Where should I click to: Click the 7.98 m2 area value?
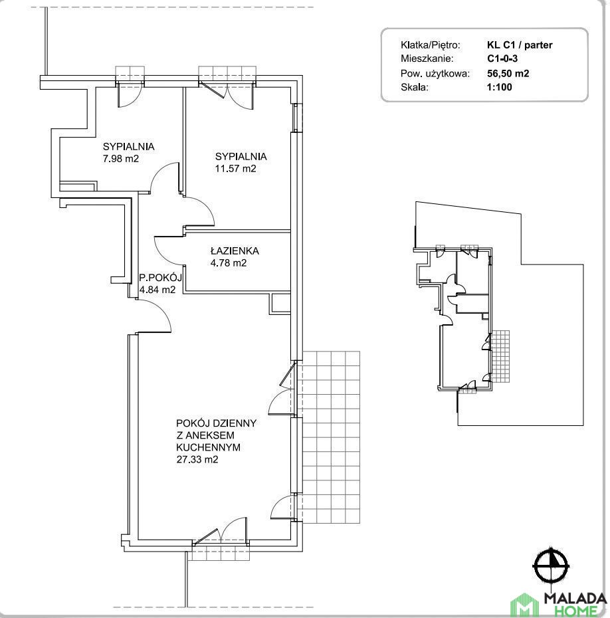pos(120,159)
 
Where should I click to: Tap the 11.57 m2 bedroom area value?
pos(236,169)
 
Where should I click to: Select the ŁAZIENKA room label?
pos(235,251)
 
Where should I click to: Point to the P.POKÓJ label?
pos(160,278)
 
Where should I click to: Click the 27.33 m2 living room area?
pos(197,460)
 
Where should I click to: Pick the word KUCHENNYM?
pos(208,447)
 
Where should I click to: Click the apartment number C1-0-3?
pos(502,58)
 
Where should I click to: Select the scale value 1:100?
pos(500,87)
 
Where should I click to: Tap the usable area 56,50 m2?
pos(508,73)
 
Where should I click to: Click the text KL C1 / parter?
pos(520,45)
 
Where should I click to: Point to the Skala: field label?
pos(415,87)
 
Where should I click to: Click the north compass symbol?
pos(551,566)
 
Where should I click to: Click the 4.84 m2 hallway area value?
pos(157,290)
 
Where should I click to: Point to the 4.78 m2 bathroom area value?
pos(229,263)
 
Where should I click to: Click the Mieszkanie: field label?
pos(427,58)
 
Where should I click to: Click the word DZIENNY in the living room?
pos(236,423)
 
